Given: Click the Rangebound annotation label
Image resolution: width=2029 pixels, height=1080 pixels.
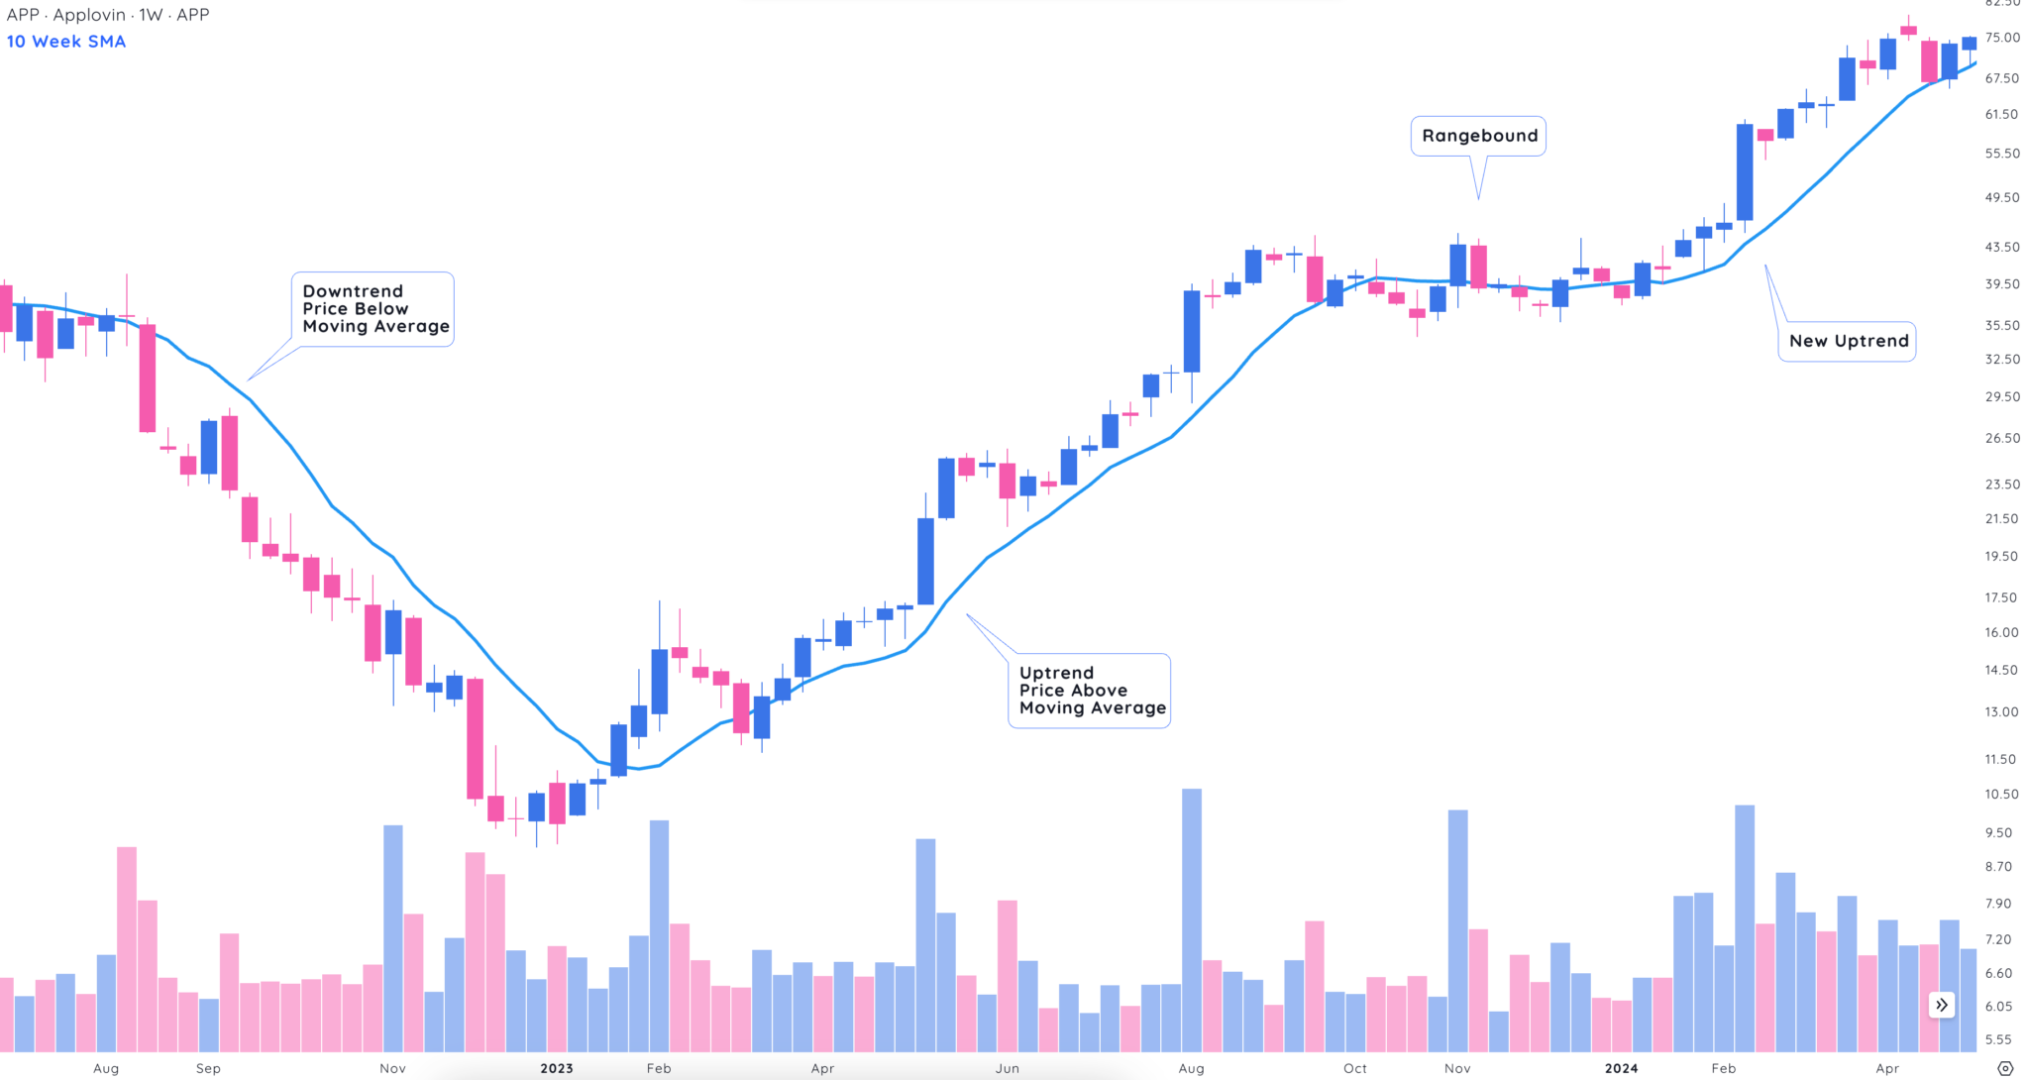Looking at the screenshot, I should tap(1479, 136).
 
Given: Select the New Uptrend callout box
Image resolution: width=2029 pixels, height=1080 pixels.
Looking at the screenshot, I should tap(1848, 341).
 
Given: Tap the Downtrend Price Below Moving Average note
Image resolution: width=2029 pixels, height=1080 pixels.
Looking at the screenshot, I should tap(374, 309).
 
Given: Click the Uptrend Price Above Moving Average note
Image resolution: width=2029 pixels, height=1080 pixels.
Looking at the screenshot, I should tap(1091, 691).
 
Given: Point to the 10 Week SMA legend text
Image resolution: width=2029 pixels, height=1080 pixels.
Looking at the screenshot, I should tap(66, 42).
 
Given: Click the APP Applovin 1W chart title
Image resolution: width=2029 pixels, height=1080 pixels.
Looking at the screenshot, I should tap(108, 15).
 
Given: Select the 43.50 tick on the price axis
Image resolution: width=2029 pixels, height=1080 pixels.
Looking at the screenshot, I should tap(2001, 247).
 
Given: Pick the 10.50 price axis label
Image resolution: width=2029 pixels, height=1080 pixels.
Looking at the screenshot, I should tap(2001, 794).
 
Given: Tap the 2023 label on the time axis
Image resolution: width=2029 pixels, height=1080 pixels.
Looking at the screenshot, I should tap(557, 1068).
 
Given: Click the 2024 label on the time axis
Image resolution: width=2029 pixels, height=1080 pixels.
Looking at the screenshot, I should tap(1622, 1068).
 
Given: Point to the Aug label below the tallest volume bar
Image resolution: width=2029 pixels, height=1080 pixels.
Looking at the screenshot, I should tap(1192, 1068).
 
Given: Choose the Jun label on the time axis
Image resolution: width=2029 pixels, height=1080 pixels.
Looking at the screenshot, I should tap(1008, 1068).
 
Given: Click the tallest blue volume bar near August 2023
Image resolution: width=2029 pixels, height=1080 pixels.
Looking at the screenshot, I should tap(1192, 921).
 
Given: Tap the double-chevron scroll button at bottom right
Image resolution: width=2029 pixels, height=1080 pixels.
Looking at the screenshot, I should tap(1942, 1005).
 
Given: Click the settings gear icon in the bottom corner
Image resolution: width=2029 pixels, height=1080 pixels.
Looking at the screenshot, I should tap(2005, 1068).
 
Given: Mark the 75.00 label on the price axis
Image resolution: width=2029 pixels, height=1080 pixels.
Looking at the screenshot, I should tap(2002, 38).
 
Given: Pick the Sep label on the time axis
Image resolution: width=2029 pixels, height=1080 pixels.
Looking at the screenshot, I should tap(208, 1068).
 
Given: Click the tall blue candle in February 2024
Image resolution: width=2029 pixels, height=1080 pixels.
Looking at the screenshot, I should tap(1745, 172).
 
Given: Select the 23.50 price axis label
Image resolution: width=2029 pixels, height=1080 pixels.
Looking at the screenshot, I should tap(2001, 485).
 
